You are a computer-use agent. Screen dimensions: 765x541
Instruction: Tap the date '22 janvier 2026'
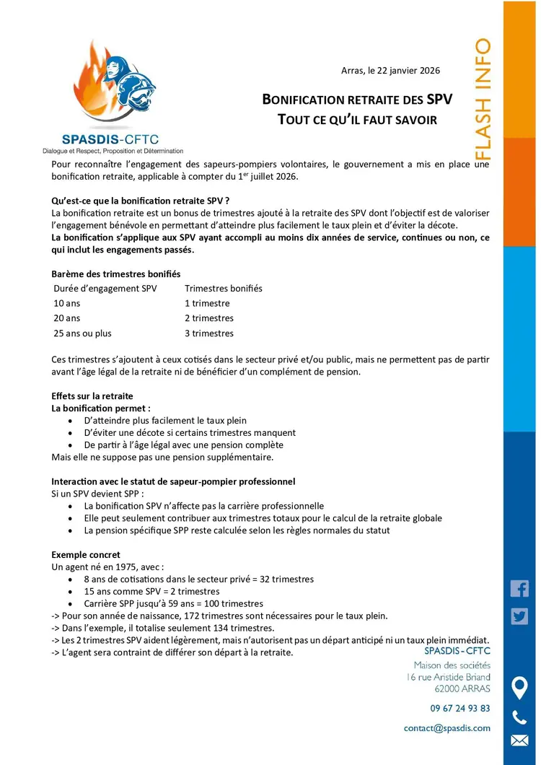(407, 71)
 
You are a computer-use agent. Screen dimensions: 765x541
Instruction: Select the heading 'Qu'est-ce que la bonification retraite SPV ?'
(141, 201)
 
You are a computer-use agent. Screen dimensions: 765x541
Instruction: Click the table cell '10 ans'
(67, 303)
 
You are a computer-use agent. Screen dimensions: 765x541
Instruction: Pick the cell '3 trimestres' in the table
(209, 333)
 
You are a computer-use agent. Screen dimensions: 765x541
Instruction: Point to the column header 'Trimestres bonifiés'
(224, 288)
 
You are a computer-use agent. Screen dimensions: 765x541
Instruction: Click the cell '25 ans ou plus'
(83, 333)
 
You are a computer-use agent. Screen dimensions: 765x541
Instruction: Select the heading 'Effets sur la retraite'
(92, 396)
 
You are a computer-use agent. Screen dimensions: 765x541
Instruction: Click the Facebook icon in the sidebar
(519, 588)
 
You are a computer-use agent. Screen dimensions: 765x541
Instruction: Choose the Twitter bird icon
(519, 616)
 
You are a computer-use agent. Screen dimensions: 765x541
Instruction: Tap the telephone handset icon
(519, 717)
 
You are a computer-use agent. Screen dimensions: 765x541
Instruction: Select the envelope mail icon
(519, 740)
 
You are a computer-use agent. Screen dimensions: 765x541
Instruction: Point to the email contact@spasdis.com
(447, 728)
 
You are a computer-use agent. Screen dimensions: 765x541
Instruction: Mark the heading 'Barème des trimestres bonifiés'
(116, 274)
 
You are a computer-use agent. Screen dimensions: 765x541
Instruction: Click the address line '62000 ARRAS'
(462, 689)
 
